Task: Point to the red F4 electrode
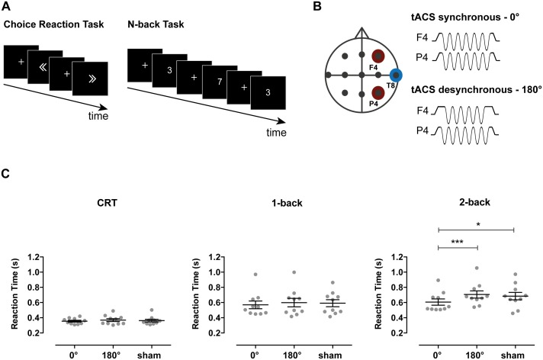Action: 376,56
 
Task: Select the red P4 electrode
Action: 376,95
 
